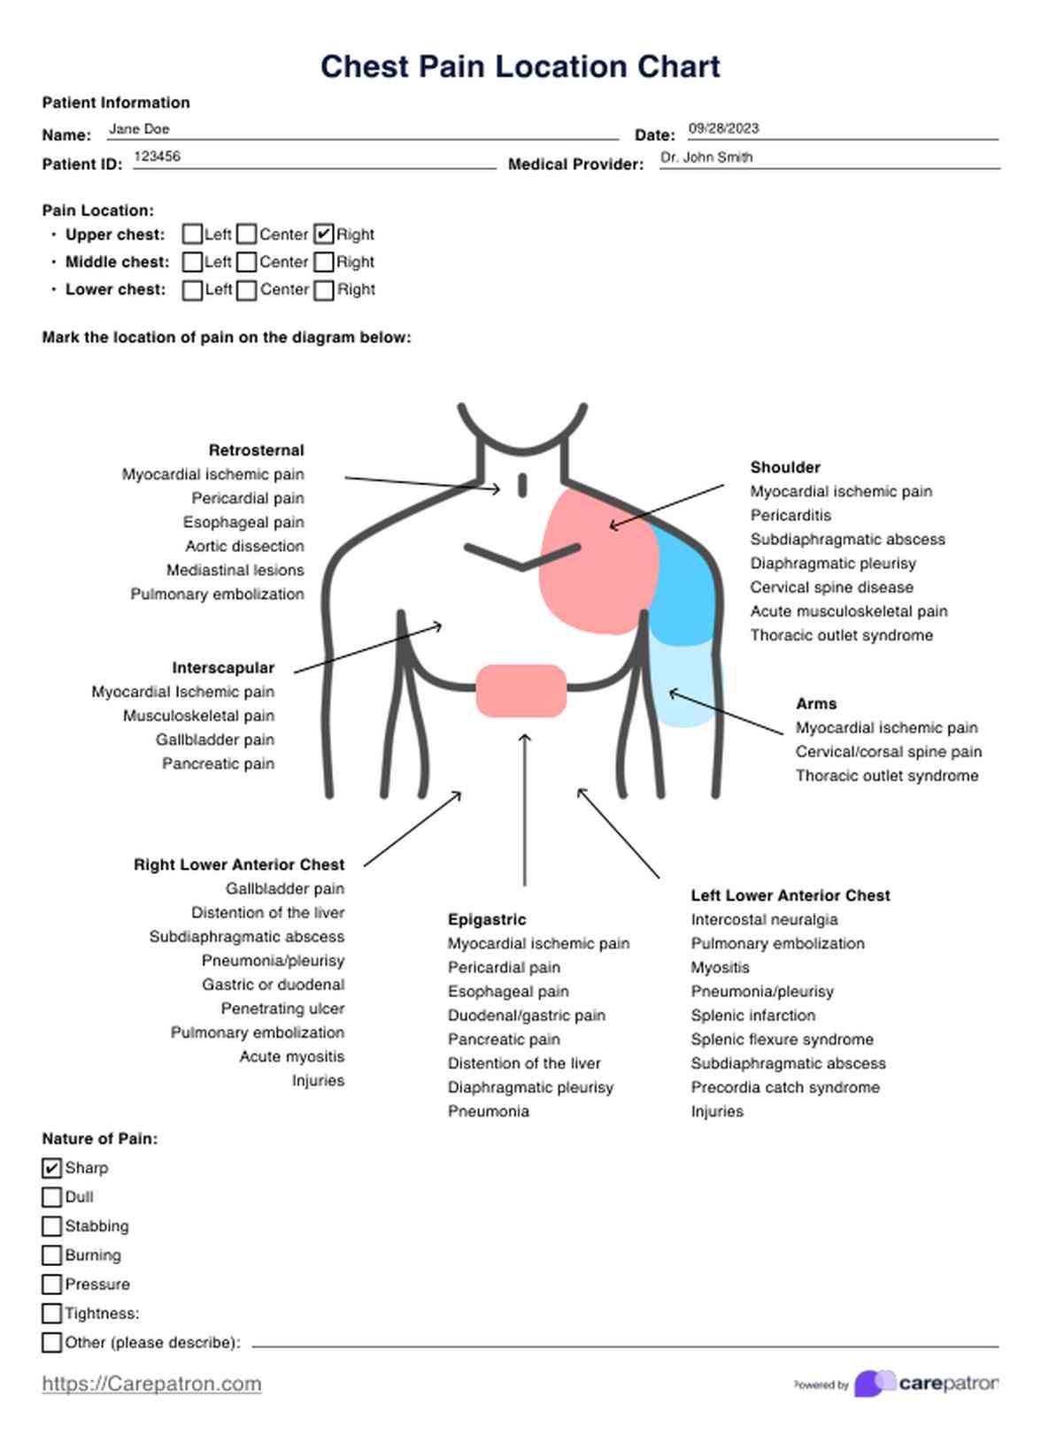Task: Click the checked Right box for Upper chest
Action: pos(324,234)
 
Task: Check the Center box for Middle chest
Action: pos(246,262)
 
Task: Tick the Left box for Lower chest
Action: pos(192,290)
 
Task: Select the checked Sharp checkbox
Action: pos(52,1168)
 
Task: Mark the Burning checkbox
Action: pos(52,1255)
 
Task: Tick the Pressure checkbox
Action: pos(52,1285)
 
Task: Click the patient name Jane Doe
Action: pos(139,129)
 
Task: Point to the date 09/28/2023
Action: pos(723,128)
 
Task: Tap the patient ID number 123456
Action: pos(157,157)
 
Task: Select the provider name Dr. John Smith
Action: pos(706,157)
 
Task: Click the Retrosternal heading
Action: pos(256,450)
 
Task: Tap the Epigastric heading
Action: pos(487,920)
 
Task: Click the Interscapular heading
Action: pos(223,668)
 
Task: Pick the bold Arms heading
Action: pos(816,704)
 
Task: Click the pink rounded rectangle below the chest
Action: pos(521,691)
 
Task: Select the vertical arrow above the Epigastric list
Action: pos(525,809)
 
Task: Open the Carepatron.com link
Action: pos(151,1384)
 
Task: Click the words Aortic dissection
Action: pos(244,546)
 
